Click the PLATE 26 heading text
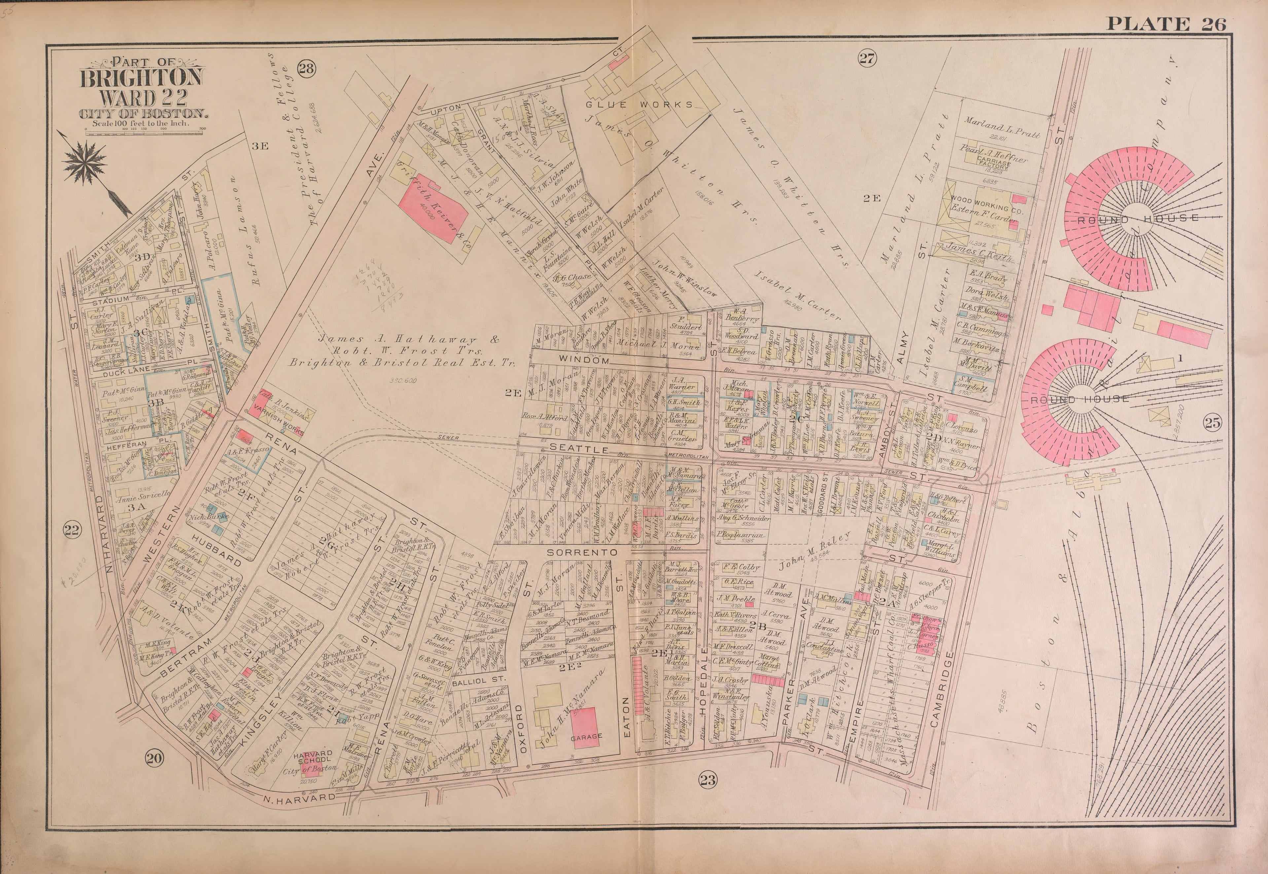(x=1166, y=24)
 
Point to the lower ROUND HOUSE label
(x=1079, y=399)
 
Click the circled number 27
(x=867, y=58)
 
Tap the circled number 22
(x=72, y=529)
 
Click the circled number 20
(x=155, y=758)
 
